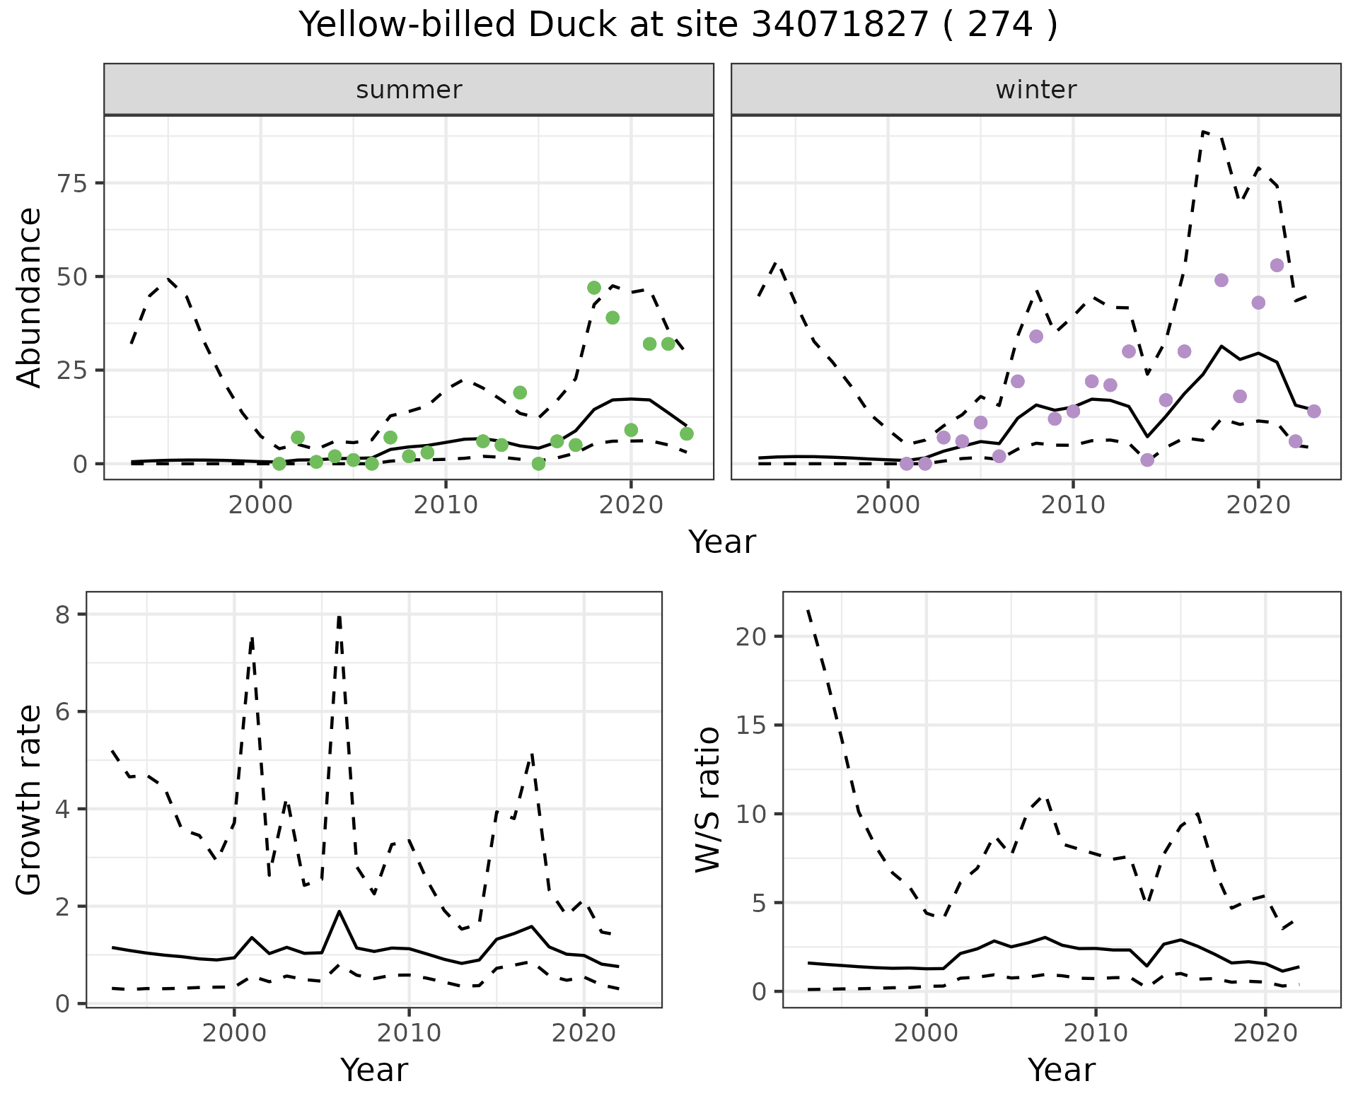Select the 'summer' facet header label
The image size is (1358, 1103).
(x=409, y=90)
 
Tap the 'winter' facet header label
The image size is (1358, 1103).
(x=1035, y=90)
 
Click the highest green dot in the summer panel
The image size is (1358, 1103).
(x=594, y=288)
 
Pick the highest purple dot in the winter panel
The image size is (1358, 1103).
(x=1277, y=265)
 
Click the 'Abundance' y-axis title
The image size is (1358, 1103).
(x=30, y=298)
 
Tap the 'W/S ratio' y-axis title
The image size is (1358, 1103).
(x=707, y=800)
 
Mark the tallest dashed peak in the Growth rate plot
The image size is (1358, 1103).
(x=339, y=617)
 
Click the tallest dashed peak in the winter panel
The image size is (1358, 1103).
(x=1204, y=132)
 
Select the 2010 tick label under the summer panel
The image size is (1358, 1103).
(x=446, y=505)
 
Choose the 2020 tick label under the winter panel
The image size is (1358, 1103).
(x=1258, y=505)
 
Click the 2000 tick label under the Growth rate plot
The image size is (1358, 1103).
(x=234, y=1033)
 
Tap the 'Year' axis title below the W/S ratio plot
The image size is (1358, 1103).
(x=1062, y=1070)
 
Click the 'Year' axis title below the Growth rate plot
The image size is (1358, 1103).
(x=374, y=1070)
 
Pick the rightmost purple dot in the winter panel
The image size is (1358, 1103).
(x=1313, y=412)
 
